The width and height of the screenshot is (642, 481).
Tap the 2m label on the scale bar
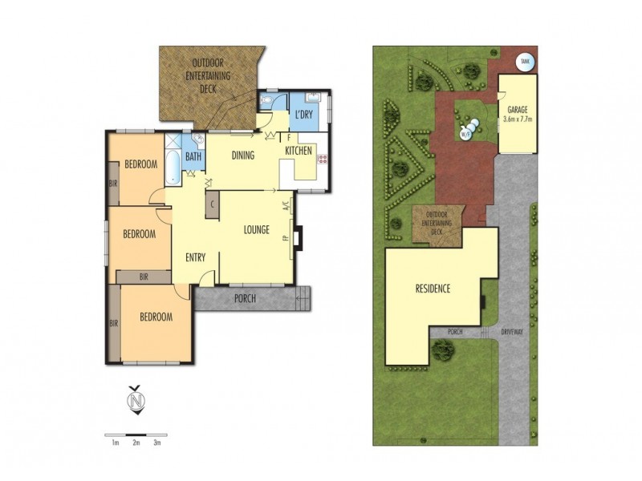[136, 442]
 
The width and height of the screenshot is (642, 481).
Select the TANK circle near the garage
[525, 61]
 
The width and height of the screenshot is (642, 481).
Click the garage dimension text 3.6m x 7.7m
[518, 119]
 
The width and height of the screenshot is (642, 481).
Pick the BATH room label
[193, 157]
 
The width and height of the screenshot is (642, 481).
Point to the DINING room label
[243, 156]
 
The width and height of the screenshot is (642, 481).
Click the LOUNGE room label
[256, 231]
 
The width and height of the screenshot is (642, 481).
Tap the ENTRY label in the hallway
[195, 257]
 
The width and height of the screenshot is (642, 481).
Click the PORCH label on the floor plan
[245, 300]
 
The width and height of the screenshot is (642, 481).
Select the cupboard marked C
[213, 204]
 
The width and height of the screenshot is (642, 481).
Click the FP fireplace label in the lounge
[286, 239]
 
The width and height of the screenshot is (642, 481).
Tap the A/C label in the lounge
[285, 205]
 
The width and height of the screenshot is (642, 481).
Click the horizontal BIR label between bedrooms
[143, 277]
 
